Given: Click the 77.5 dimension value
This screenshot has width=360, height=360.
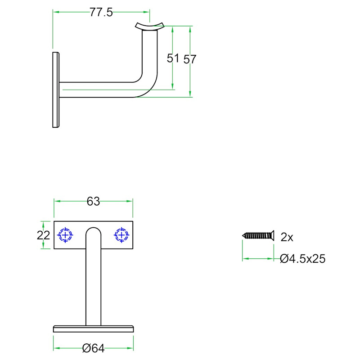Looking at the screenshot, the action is click(x=101, y=12).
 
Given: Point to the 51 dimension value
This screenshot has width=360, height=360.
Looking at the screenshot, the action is click(x=173, y=58).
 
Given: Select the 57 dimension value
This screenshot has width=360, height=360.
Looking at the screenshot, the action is click(x=189, y=59).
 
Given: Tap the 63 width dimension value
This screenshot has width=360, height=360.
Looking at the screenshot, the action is click(x=93, y=202).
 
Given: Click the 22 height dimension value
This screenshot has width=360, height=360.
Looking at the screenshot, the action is click(x=43, y=235).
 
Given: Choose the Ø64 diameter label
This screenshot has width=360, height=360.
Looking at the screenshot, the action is click(x=94, y=348).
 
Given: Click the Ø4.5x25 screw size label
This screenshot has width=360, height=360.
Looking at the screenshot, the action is click(x=302, y=259).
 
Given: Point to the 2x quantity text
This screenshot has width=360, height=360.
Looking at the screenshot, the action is click(x=287, y=237).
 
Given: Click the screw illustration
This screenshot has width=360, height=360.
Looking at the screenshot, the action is click(x=258, y=235).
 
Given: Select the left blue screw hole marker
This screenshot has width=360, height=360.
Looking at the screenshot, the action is click(x=65, y=235).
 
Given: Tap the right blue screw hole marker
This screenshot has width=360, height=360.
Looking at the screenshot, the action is click(x=121, y=235).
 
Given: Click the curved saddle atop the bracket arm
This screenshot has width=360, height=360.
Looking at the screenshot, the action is click(x=150, y=26).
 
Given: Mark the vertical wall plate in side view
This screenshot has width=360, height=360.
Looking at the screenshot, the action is click(x=56, y=90).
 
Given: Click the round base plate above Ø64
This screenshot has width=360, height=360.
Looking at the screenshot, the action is click(x=94, y=329).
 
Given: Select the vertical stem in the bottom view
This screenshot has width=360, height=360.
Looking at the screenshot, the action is click(x=94, y=276).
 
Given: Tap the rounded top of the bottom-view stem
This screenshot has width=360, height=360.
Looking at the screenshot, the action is click(x=94, y=231).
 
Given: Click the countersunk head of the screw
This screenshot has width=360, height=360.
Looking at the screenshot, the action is click(x=272, y=235).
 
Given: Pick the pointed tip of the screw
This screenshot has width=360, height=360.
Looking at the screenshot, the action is click(x=243, y=235).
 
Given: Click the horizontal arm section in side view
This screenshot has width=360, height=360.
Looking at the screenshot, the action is click(x=96, y=90).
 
